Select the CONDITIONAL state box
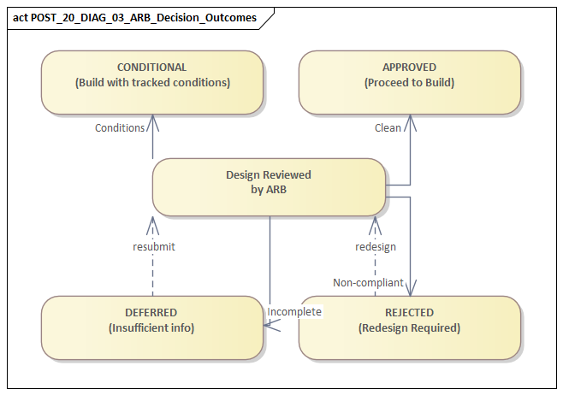[x=151, y=82]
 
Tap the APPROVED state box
[x=409, y=82]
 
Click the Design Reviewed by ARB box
[x=268, y=186]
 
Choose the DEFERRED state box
[x=151, y=327]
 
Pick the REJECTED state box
[x=409, y=327]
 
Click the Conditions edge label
[x=120, y=128]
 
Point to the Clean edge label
[x=388, y=128]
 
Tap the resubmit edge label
[x=154, y=246]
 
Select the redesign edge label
[x=376, y=246]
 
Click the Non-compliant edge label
[x=368, y=282]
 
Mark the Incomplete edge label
[x=294, y=312]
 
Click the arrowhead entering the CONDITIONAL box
[x=152, y=121]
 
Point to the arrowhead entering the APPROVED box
[x=410, y=121]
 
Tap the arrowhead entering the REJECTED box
[x=412, y=289]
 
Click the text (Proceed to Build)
[x=409, y=83]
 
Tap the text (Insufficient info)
[x=151, y=328]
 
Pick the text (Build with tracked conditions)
[x=151, y=83]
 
